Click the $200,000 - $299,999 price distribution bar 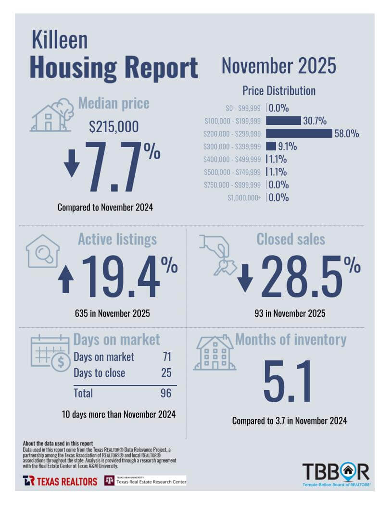[x=299, y=133]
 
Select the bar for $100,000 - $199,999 [x=283, y=121]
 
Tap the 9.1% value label [x=287, y=146]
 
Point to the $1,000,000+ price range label [x=245, y=197]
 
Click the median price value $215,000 [x=114, y=127]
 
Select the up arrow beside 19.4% [x=66, y=280]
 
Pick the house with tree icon [x=52, y=116]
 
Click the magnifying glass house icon [x=43, y=251]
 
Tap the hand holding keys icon [x=218, y=254]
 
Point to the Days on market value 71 [x=167, y=357]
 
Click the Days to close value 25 [x=166, y=373]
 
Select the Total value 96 [x=166, y=393]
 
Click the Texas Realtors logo [x=60, y=481]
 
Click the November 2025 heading [x=278, y=66]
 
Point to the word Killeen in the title [x=60, y=40]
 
